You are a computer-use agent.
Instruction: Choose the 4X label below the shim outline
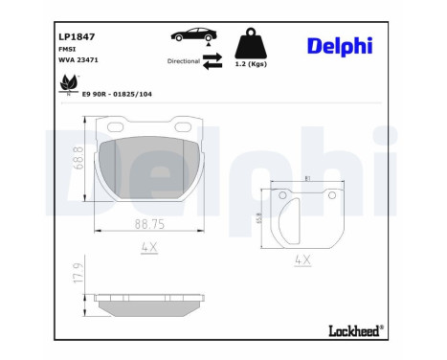click(302, 259)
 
